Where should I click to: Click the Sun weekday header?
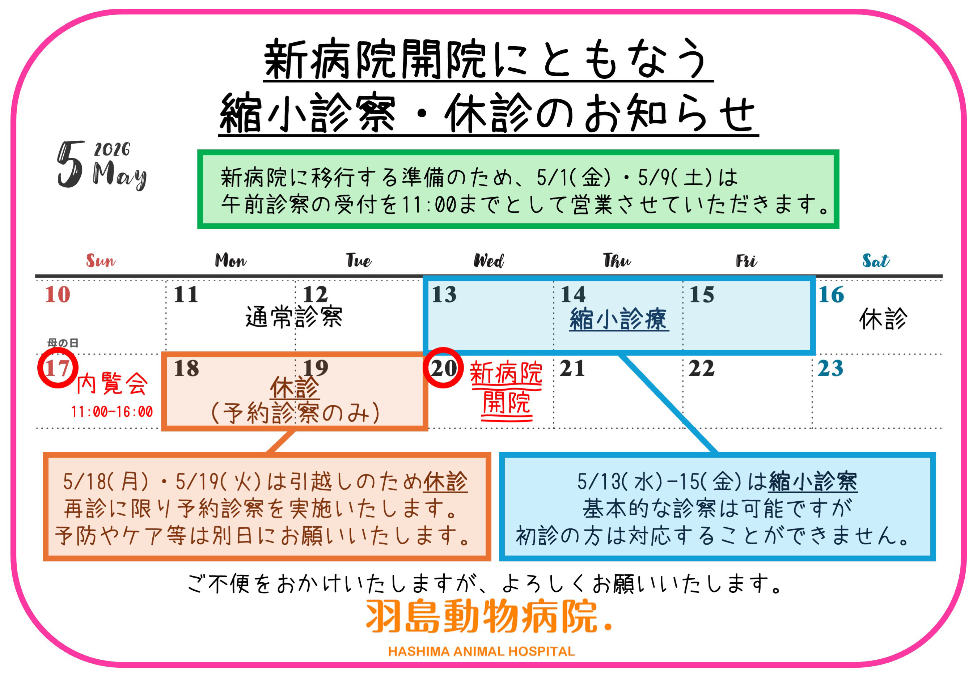(100, 260)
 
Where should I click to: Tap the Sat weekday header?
(875, 260)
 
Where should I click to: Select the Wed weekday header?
(488, 260)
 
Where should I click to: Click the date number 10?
(58, 294)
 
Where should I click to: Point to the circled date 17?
(58, 367)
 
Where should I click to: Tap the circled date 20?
(443, 367)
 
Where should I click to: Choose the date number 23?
(830, 368)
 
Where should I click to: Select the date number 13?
(444, 294)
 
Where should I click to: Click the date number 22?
(701, 368)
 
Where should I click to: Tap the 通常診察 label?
(293, 317)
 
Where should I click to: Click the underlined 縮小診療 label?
(618, 319)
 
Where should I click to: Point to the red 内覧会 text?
(112, 384)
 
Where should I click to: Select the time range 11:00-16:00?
(112, 412)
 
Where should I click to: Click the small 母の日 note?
(63, 343)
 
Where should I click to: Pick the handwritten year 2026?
(112, 149)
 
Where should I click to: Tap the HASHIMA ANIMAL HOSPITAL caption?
(481, 651)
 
